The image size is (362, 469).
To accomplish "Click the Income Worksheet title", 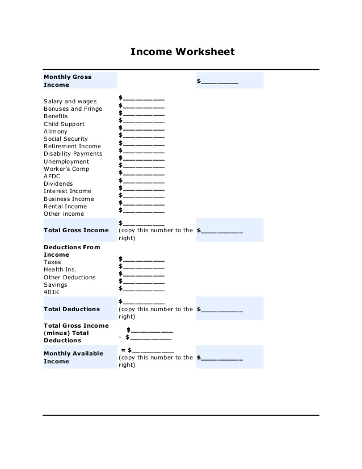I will tap(182, 52).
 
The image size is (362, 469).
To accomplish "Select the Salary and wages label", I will tap(70, 102).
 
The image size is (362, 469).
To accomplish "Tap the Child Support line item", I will tap(64, 124).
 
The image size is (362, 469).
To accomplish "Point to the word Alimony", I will tap(56, 131).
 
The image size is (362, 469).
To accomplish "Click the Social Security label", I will tap(66, 139).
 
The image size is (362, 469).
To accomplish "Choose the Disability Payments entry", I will tap(73, 153).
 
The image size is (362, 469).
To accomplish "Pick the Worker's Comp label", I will tap(66, 169).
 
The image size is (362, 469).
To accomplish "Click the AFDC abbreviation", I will tap(52, 176).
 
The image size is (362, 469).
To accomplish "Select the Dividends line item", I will tap(58, 184).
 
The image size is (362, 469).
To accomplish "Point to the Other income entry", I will tap(64, 213).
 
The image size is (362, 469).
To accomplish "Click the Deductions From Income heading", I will tap(71, 251).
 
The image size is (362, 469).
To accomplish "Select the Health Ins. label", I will tap(60, 270).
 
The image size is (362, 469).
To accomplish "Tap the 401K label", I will tap(52, 292).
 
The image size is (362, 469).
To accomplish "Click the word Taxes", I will tap(53, 262).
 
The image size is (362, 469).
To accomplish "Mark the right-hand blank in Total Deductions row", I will tap(221, 310).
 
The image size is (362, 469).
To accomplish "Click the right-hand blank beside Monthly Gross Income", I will tap(218, 82).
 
